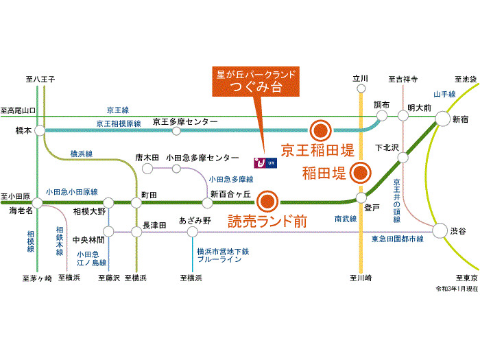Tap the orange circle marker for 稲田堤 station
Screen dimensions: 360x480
[359, 172]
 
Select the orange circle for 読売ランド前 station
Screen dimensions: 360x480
[267, 202]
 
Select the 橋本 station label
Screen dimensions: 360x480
[23, 130]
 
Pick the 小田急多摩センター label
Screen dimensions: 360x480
[202, 157]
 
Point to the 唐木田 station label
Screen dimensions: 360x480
[147, 157]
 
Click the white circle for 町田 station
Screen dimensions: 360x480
[137, 203]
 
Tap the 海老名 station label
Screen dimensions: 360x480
[21, 211]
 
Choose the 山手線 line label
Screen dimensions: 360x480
[444, 95]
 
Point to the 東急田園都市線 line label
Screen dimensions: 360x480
[398, 239]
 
